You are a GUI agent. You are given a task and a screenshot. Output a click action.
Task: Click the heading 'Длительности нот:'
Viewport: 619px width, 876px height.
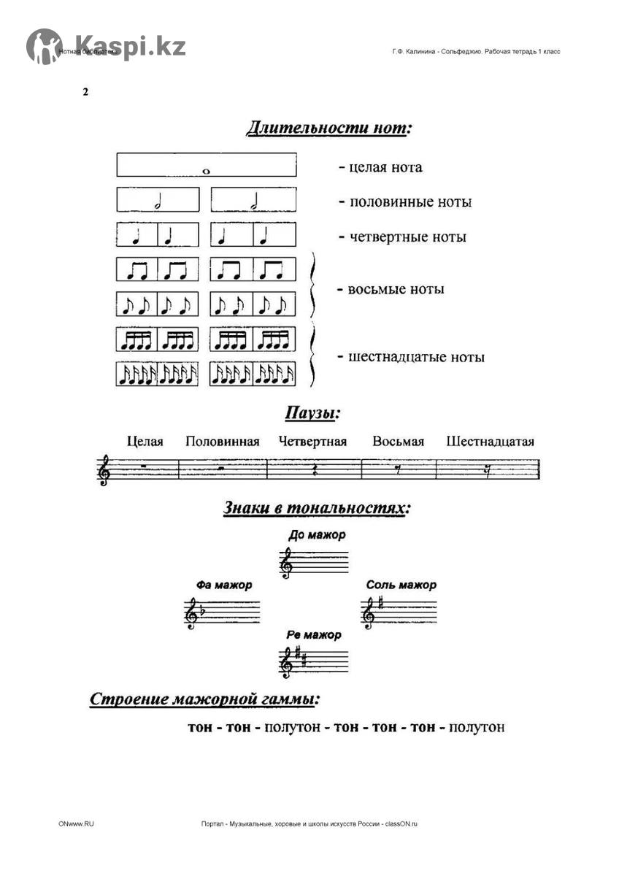329,129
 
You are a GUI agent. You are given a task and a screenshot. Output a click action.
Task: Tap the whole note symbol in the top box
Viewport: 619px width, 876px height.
206,172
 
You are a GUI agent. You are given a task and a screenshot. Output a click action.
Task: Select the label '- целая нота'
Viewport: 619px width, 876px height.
380,167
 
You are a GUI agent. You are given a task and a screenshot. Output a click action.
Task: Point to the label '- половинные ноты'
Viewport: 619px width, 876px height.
404,202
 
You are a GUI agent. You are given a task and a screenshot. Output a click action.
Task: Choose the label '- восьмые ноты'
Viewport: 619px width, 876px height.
391,289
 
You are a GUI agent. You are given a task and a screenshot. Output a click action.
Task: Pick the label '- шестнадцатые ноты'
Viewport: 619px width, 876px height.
411,357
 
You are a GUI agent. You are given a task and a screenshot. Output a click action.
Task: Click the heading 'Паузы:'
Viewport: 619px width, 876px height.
312,414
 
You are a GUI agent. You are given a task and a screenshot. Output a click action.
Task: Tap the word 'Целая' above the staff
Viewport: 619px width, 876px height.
145,442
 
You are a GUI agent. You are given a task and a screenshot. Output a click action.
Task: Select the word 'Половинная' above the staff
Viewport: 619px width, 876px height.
223,442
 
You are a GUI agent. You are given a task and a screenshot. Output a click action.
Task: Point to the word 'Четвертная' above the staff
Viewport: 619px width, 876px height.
312,442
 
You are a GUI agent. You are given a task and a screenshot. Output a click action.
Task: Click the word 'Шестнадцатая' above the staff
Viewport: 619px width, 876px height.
491,442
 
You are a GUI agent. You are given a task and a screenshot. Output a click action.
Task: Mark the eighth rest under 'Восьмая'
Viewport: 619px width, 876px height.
398,470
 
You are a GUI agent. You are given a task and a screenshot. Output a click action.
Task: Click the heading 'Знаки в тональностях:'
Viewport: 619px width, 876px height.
317,508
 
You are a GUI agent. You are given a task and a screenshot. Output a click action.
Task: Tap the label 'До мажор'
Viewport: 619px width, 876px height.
317,535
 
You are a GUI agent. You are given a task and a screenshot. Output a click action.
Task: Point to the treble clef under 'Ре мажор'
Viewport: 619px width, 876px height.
287,663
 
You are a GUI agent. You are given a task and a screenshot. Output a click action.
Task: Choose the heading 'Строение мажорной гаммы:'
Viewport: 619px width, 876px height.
205,699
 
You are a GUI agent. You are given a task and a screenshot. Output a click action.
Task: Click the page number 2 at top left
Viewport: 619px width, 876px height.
85,92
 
